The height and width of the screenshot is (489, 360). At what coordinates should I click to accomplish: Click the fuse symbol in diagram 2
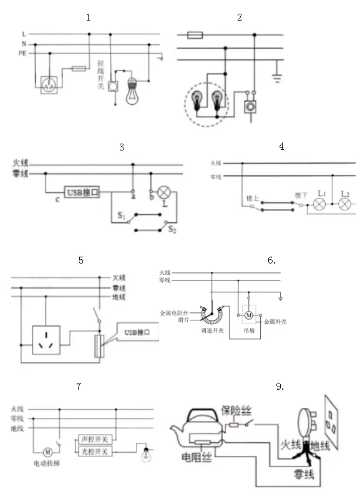click(x=194, y=36)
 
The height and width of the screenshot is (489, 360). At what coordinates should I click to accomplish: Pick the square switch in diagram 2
click(x=252, y=107)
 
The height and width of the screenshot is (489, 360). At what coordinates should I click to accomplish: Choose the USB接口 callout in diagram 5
click(x=138, y=332)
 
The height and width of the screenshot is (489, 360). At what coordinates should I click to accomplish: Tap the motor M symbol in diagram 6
click(x=248, y=312)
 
